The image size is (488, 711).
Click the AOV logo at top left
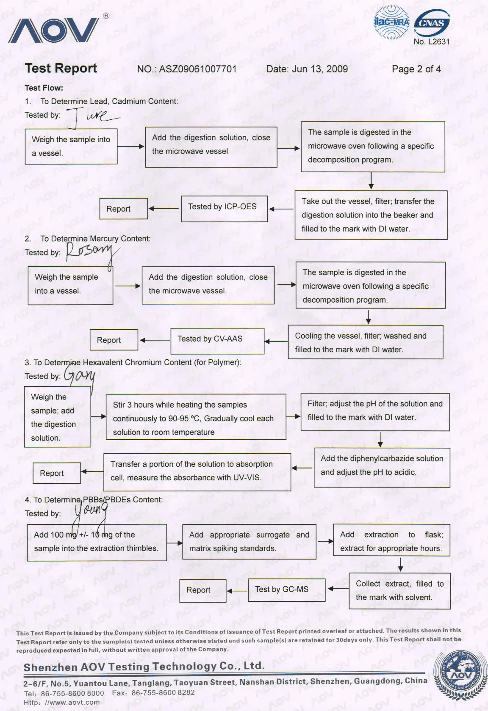pyautogui.click(x=54, y=30)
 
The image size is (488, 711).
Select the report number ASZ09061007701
pyautogui.click(x=197, y=69)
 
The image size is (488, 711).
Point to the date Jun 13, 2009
pyautogui.click(x=320, y=69)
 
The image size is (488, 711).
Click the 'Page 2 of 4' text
pyautogui.click(x=416, y=69)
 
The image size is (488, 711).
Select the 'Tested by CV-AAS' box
pyautogui.click(x=217, y=340)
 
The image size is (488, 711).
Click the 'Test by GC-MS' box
pyautogui.click(x=286, y=590)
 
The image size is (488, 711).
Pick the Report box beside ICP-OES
pyautogui.click(x=123, y=209)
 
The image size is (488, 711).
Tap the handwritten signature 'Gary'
pyautogui.click(x=79, y=375)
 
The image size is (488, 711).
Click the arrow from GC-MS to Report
pyautogui.click(x=238, y=591)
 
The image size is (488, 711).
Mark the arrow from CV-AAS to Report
pyautogui.click(x=155, y=340)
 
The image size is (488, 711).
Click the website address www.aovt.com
pyautogui.click(x=72, y=702)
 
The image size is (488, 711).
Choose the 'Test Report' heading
pyautogui.click(x=61, y=69)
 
